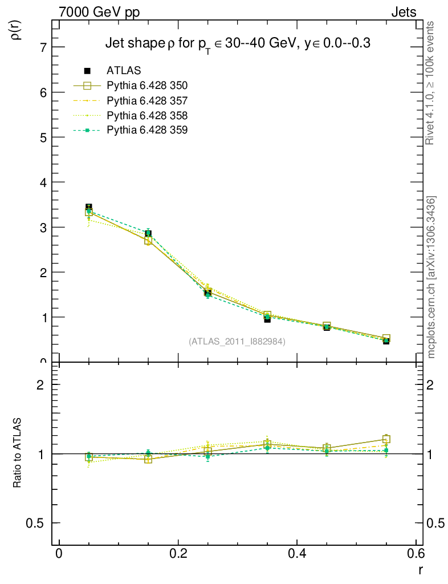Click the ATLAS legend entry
click(123, 71)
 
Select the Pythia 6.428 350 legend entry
click(147, 86)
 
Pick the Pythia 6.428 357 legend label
click(147, 100)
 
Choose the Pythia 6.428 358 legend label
click(147, 115)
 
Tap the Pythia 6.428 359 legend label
click(147, 130)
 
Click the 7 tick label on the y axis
click(43, 47)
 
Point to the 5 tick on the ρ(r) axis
click(43, 137)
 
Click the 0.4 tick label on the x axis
click(297, 553)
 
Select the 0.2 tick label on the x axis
click(178, 553)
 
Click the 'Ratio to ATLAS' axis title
click(18, 453)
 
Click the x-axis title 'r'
click(420, 569)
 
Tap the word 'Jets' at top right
click(404, 12)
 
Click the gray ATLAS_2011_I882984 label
click(237, 342)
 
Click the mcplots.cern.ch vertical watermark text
click(431, 277)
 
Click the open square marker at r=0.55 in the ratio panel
click(386, 439)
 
